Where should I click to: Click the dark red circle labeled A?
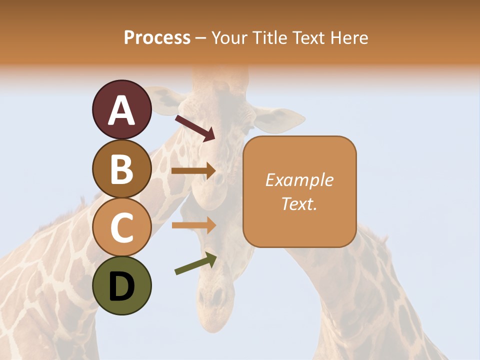(x=122, y=110)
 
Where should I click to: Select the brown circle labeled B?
(x=122, y=168)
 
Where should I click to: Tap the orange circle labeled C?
(x=122, y=227)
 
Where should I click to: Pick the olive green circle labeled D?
(x=122, y=285)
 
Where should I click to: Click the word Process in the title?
(x=157, y=37)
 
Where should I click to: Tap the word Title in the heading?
(x=268, y=37)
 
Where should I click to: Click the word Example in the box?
(x=299, y=180)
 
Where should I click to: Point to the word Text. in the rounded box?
(x=299, y=203)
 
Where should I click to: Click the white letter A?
(x=122, y=110)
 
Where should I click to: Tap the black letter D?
(x=122, y=286)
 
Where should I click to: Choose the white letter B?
(x=122, y=169)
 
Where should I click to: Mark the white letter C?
(x=122, y=227)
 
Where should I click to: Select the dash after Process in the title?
(x=200, y=38)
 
